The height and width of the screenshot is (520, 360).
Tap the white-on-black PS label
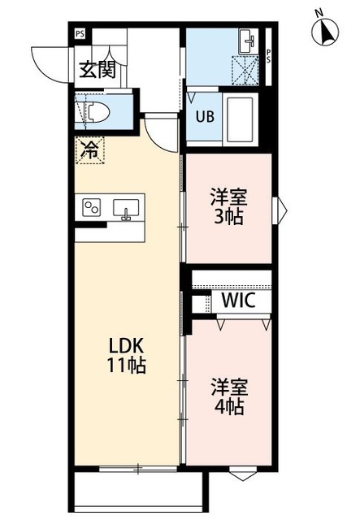pos(79,34)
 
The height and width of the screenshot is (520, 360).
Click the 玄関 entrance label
pos(97,70)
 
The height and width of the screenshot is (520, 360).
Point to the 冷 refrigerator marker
pos(90,150)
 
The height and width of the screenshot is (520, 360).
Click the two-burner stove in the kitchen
pos(91,207)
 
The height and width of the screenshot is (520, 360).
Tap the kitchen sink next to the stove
pos(126,207)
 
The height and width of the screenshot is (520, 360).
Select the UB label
pos(204,115)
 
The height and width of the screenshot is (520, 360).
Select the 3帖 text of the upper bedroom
pos(228,217)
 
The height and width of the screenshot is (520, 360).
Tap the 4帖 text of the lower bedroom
pos(228,406)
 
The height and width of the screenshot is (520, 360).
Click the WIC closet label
pos(238,300)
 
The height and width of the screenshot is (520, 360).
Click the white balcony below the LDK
pos(138,493)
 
